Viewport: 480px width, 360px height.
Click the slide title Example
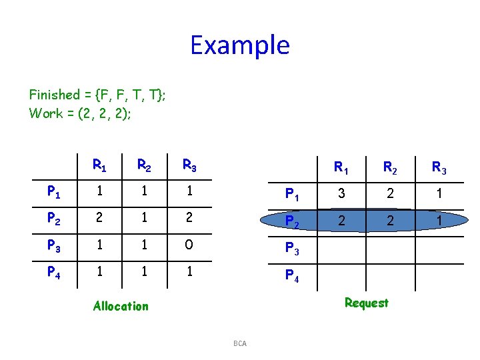(240, 45)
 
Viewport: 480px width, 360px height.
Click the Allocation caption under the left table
(121, 306)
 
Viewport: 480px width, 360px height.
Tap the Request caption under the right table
(366, 303)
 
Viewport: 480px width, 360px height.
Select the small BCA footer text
(240, 343)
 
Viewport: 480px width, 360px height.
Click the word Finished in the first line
(54, 95)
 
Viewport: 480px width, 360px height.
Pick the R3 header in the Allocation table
(189, 165)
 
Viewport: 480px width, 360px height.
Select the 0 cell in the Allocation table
(189, 245)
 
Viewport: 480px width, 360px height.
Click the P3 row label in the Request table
(291, 248)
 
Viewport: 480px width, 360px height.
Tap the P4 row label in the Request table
(291, 275)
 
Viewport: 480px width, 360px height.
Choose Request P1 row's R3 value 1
(439, 194)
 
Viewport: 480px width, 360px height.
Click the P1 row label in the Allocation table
(53, 192)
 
